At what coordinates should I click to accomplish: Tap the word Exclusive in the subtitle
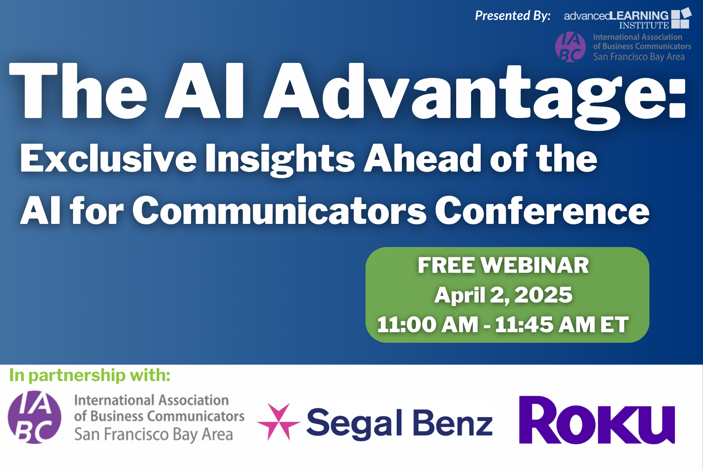[109, 158]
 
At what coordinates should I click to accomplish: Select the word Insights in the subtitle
[280, 160]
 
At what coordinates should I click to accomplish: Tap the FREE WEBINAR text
[503, 265]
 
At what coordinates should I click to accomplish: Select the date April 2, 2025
[503, 295]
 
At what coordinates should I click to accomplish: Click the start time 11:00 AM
[428, 324]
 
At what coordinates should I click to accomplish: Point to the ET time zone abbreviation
[614, 324]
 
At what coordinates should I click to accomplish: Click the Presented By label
[512, 16]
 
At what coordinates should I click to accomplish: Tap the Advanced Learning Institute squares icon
[681, 18]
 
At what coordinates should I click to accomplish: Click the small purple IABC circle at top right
[571, 47]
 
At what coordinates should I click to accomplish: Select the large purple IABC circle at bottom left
[35, 417]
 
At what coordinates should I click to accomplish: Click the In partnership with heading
[90, 375]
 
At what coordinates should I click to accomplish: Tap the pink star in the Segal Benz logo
[278, 422]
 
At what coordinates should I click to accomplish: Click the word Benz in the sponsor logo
[453, 422]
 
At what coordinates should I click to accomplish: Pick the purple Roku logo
[597, 420]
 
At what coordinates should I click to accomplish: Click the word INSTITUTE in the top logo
[644, 25]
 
